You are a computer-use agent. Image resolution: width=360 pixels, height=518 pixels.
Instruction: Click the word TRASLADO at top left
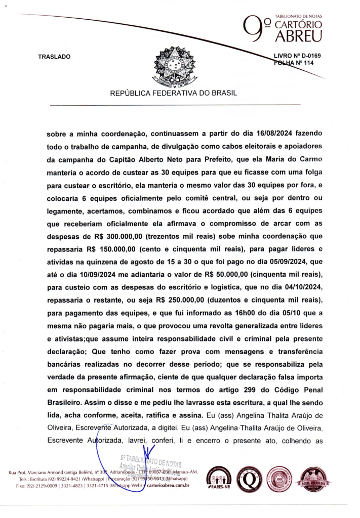[54, 57]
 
